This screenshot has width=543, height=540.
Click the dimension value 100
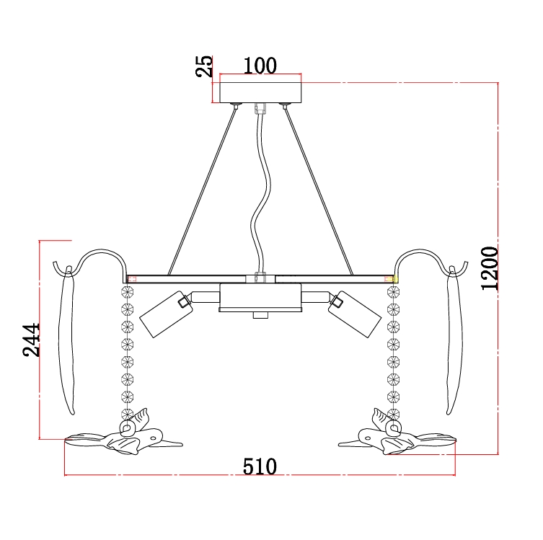click(260, 66)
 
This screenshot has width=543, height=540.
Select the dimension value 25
click(204, 66)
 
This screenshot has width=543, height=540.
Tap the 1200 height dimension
click(490, 268)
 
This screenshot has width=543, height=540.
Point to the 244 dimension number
click(31, 340)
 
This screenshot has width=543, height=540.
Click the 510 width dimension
click(260, 466)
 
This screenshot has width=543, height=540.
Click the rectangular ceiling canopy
click(260, 93)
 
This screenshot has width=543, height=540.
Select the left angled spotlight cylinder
click(166, 314)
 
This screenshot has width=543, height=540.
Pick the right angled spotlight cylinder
click(355, 314)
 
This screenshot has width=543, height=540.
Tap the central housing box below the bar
click(260, 298)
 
